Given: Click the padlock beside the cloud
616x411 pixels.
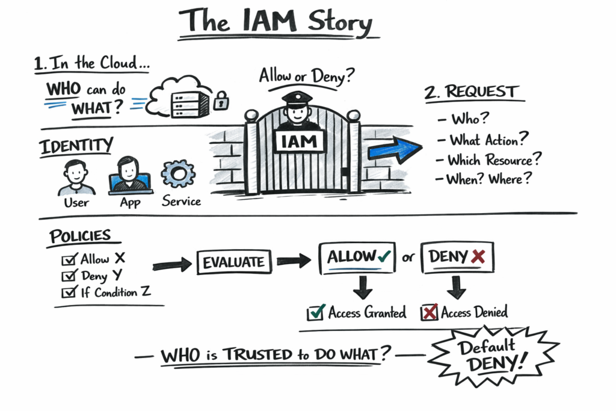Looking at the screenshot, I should tap(221, 100).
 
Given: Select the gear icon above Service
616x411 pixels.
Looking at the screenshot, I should tap(178, 174).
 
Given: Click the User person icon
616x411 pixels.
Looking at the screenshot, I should tap(76, 177).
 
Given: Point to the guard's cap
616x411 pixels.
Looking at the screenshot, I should tap(296, 97).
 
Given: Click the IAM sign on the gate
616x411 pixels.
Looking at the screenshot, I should tap(300, 141).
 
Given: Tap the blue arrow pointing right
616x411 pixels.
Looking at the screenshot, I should tap(394, 148).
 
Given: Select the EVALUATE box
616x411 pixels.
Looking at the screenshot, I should tap(233, 262).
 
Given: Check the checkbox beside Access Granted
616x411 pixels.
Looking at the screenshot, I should tap(315, 313).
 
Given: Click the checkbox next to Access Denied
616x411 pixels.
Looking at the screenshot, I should tap(429, 313).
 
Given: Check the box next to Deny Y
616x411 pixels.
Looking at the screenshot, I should tap(69, 277).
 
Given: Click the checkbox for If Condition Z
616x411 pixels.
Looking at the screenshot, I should tap(69, 293).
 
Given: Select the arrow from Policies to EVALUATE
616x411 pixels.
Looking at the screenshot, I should tap(172, 264).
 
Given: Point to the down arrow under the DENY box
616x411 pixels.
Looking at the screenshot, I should tap(456, 287).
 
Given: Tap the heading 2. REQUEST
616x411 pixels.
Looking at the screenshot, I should tap(470, 93).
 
